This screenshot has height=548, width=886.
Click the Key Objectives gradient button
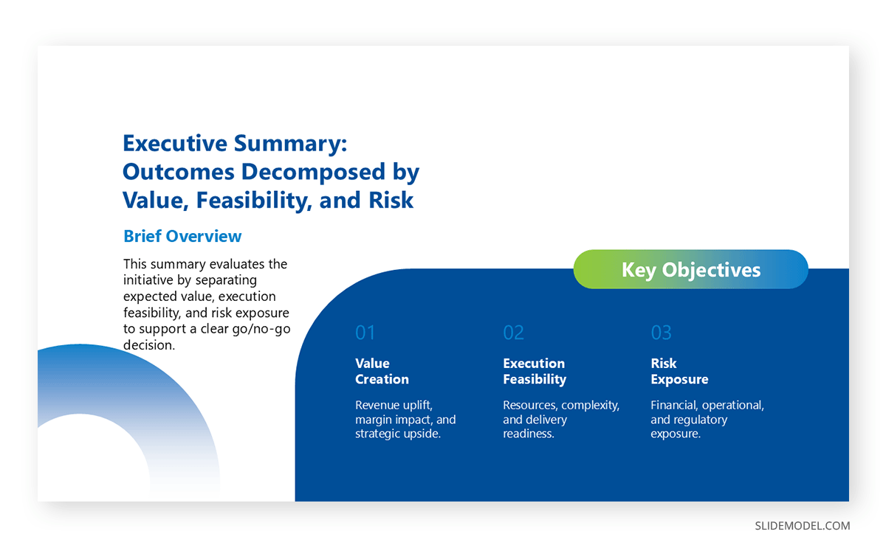point(690,269)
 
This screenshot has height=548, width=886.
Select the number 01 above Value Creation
point(365,333)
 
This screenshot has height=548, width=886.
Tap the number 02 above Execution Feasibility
point(513,333)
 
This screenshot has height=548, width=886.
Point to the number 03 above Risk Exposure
point(661,333)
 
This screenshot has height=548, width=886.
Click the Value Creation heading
point(382,371)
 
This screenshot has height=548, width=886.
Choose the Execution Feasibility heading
point(535,371)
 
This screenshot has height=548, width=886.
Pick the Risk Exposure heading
point(679,371)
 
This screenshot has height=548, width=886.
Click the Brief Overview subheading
point(182,236)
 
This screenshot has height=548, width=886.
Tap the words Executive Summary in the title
point(234,143)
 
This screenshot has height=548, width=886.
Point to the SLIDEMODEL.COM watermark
point(802,526)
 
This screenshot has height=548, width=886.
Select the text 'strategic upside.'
point(398,434)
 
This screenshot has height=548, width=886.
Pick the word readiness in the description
point(529,434)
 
